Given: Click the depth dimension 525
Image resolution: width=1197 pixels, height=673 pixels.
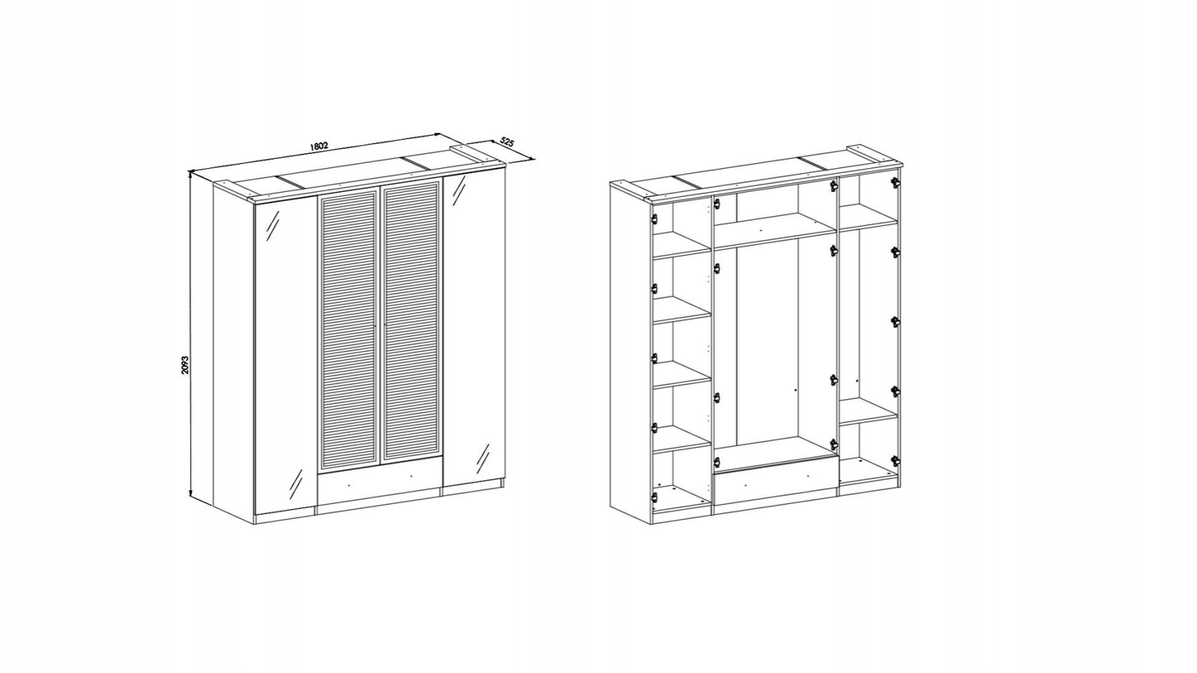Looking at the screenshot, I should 506,143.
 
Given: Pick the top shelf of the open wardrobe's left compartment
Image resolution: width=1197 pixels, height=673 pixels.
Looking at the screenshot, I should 681,245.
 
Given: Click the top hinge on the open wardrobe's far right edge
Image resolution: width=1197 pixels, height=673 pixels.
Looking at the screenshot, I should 896,182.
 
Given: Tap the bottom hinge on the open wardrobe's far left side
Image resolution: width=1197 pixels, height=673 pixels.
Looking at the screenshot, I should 655,497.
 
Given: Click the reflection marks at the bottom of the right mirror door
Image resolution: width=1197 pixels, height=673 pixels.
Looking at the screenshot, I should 483,460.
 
